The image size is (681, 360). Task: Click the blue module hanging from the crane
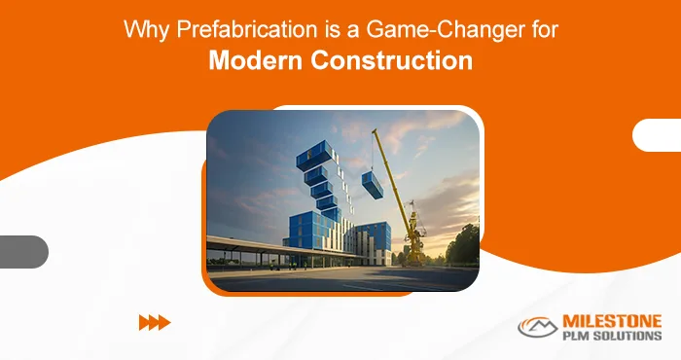(x=372, y=184)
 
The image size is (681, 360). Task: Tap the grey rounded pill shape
(x=21, y=251)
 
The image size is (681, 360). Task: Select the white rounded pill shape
(x=658, y=134)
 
